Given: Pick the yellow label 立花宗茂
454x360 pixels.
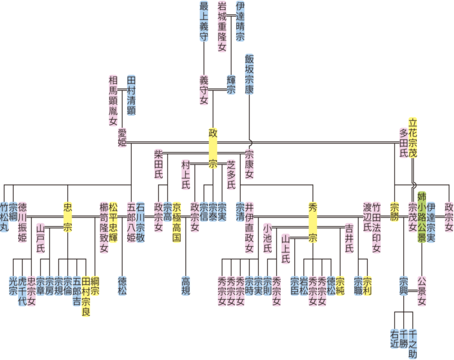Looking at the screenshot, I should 413,133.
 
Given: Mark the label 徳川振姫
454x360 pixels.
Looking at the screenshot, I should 22,222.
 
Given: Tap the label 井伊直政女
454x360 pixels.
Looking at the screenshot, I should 249,227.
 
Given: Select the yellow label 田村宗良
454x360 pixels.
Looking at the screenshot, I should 86,295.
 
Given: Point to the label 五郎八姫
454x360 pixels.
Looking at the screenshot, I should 131,222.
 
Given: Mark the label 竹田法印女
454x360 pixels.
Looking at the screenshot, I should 377,227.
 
